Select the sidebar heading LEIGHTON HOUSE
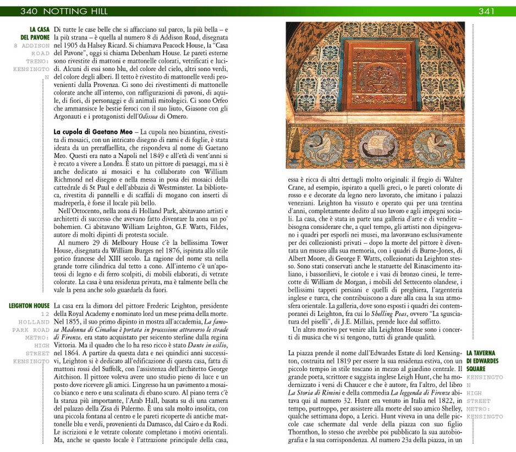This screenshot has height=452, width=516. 29,306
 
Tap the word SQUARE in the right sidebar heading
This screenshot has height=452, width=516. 476,369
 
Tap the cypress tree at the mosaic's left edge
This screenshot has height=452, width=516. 292,88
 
